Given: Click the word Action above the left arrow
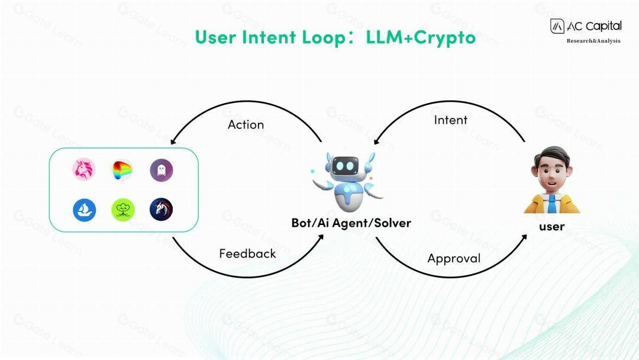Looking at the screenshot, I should [x=246, y=124].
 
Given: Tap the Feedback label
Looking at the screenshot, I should [x=247, y=253].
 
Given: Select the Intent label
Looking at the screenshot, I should [x=450, y=120].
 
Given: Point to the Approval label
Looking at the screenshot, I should [x=454, y=258].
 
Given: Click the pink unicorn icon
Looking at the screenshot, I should [x=84, y=170].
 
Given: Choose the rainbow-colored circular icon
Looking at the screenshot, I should [x=122, y=171].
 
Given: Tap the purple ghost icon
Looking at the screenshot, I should [x=161, y=171].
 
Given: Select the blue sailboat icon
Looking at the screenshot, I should [x=84, y=210].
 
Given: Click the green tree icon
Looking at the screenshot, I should [x=123, y=210].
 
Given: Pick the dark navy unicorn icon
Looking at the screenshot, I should [x=161, y=210].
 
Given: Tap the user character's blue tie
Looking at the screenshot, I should [x=551, y=204].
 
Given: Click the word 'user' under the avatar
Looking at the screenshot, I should [x=551, y=227].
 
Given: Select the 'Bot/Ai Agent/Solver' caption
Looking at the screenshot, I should [x=351, y=223].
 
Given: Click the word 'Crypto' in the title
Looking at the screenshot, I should [x=444, y=37].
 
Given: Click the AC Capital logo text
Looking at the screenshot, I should [x=594, y=26].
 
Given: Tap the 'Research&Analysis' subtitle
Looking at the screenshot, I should [x=593, y=41].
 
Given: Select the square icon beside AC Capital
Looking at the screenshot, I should [x=557, y=26].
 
